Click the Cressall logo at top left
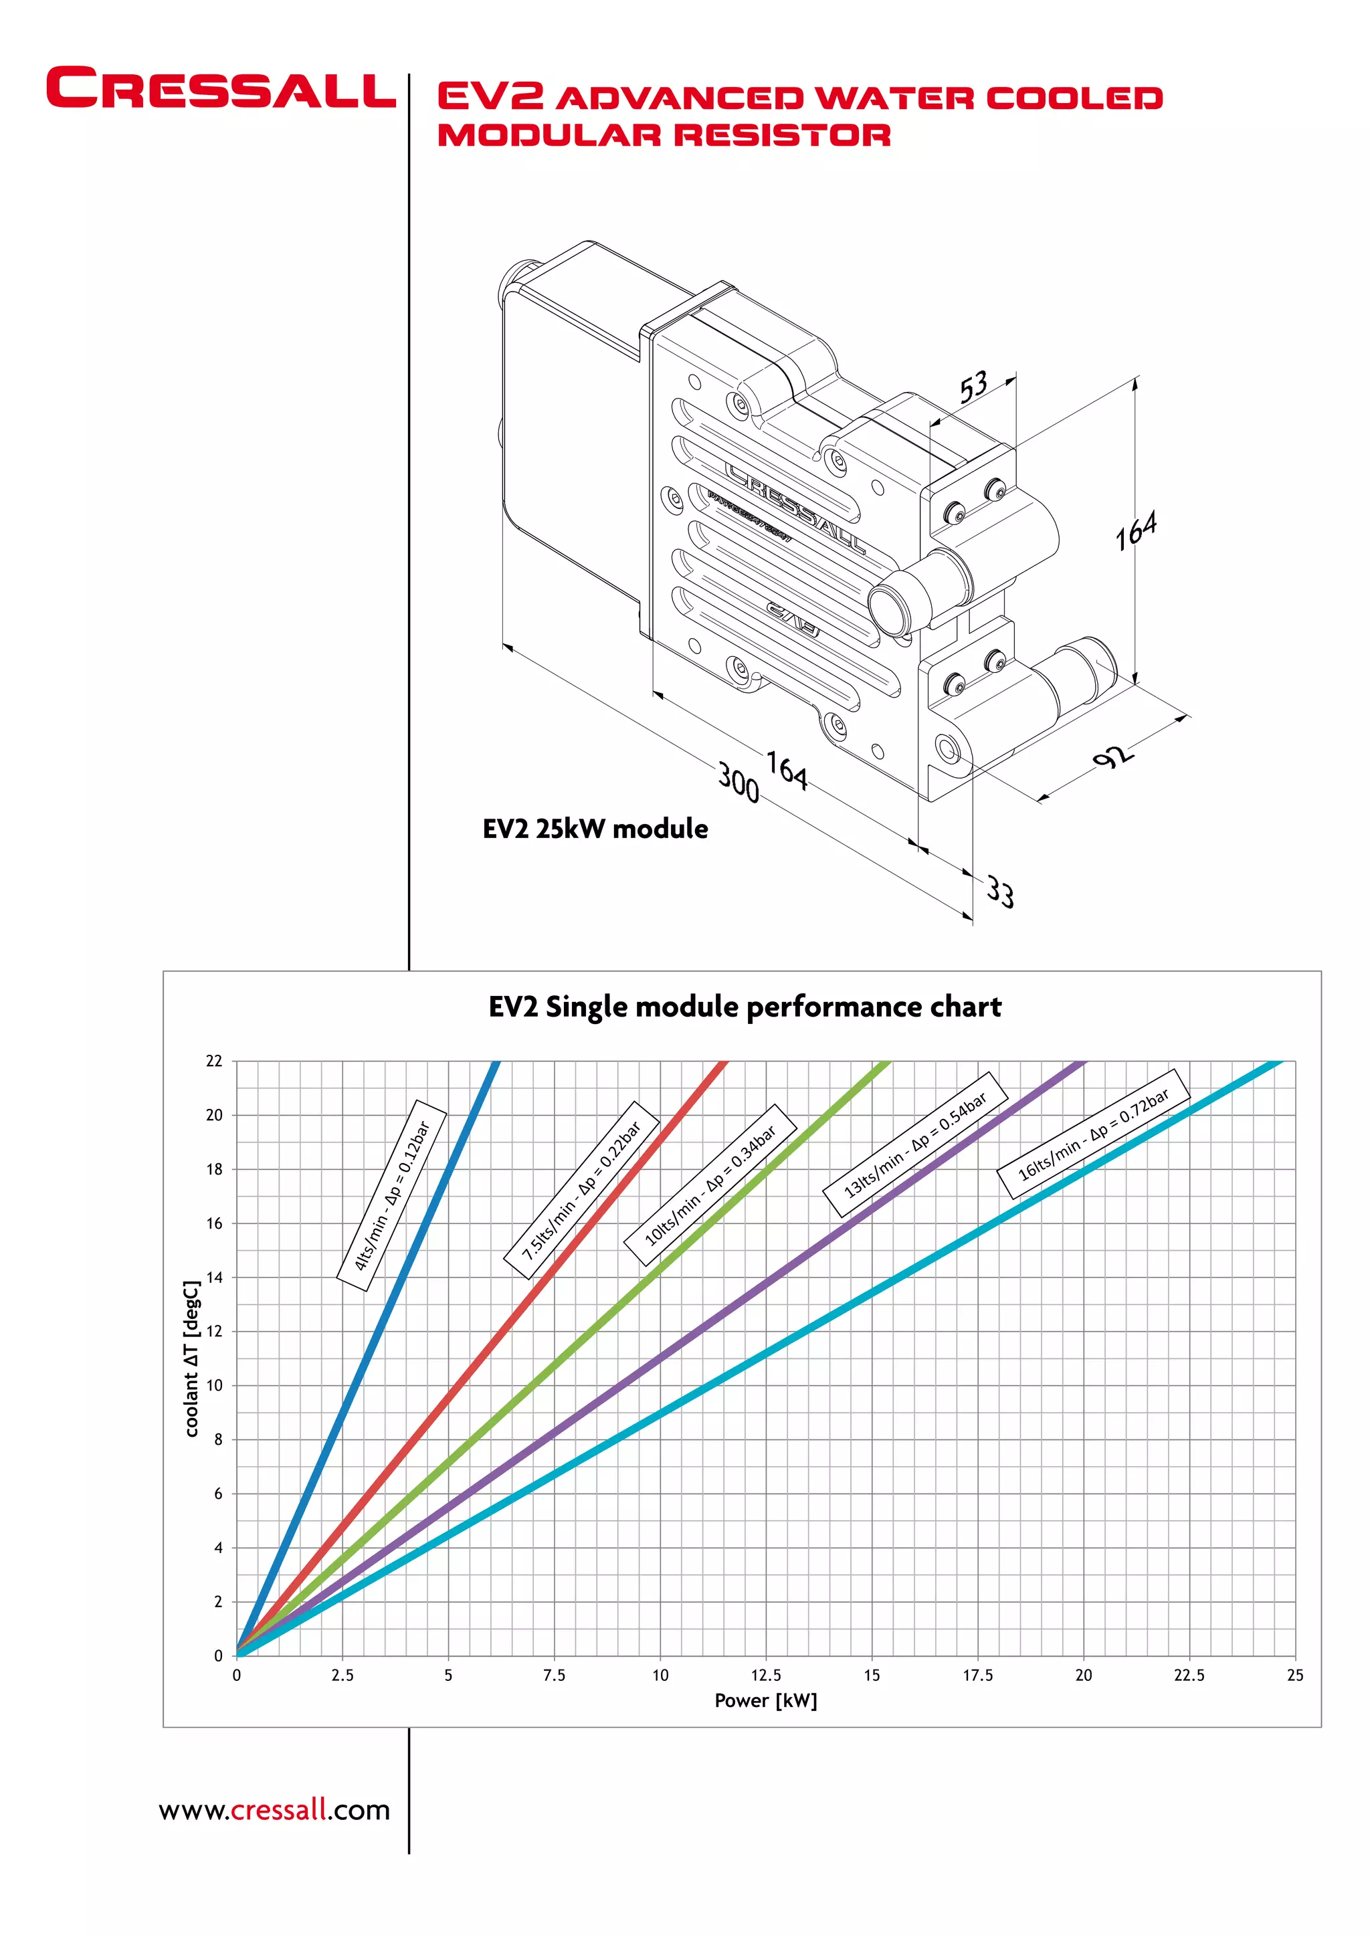tap(220, 88)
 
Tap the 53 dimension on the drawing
tap(973, 387)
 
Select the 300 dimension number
tap(738, 782)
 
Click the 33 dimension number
tap(1001, 892)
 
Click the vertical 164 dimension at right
tap(1135, 530)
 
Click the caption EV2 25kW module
tap(595, 829)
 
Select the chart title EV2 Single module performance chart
tap(745, 1007)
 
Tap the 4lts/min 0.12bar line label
tap(391, 1195)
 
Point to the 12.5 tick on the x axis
tap(765, 1675)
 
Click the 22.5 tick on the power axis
tap(1189, 1675)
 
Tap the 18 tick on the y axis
tap(214, 1169)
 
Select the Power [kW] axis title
tap(765, 1701)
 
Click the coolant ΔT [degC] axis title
tap(193, 1358)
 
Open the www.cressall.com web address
tap(274, 1810)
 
